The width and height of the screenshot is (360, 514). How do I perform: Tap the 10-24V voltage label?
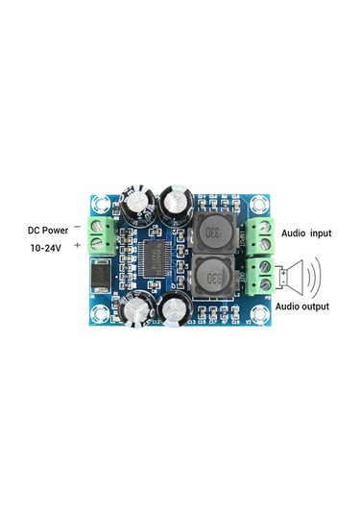45,248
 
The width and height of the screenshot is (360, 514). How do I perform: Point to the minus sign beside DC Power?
76,226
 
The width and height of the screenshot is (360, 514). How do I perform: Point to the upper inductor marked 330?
218,232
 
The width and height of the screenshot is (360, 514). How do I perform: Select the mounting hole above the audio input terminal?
260,205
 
